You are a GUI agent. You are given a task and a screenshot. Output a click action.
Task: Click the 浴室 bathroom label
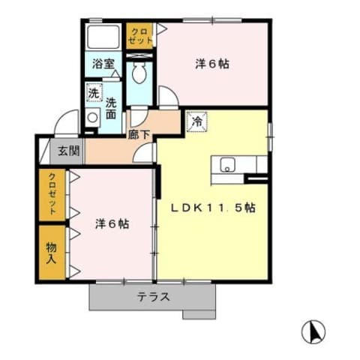(x=103, y=64)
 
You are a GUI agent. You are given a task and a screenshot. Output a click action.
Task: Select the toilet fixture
(x=139, y=73)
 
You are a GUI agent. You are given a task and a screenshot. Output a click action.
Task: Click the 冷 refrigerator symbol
(x=197, y=121)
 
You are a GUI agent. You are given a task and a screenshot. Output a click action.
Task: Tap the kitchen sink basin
(x=226, y=165)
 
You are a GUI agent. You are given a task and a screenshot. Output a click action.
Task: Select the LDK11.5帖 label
(x=216, y=208)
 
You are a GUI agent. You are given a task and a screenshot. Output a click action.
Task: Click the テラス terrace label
(x=153, y=296)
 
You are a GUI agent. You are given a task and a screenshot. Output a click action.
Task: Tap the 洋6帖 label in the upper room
(x=212, y=64)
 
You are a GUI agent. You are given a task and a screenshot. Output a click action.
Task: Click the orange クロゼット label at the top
(x=139, y=36)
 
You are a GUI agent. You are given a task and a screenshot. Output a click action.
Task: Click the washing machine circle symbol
(x=92, y=118)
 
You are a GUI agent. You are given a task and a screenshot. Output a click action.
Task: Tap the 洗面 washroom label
(x=110, y=109)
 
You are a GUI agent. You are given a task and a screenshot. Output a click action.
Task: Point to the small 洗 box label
(x=93, y=94)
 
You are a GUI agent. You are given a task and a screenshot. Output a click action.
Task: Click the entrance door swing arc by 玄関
(x=67, y=121)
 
